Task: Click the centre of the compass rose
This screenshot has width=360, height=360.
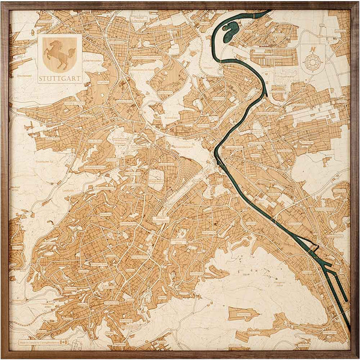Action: (313, 62)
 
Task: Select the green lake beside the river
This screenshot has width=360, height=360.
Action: (230, 34)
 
